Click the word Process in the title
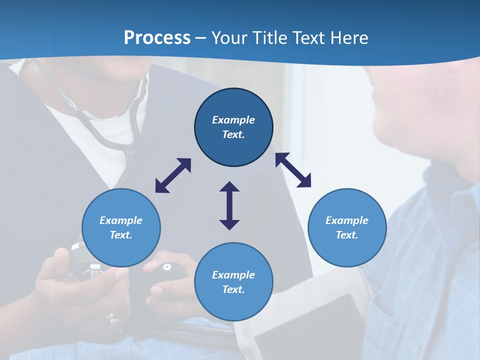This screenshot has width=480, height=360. click(157, 37)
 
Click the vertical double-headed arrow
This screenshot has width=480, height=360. click(229, 205)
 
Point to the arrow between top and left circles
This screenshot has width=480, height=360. click(173, 175)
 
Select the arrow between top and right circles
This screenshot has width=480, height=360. click(293, 170)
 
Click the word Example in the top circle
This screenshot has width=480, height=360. click(233, 120)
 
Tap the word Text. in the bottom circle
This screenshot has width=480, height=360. click(233, 289)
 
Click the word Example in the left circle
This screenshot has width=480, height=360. click(121, 220)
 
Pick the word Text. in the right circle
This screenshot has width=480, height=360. click(347, 235)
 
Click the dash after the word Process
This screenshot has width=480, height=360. click(201, 38)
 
